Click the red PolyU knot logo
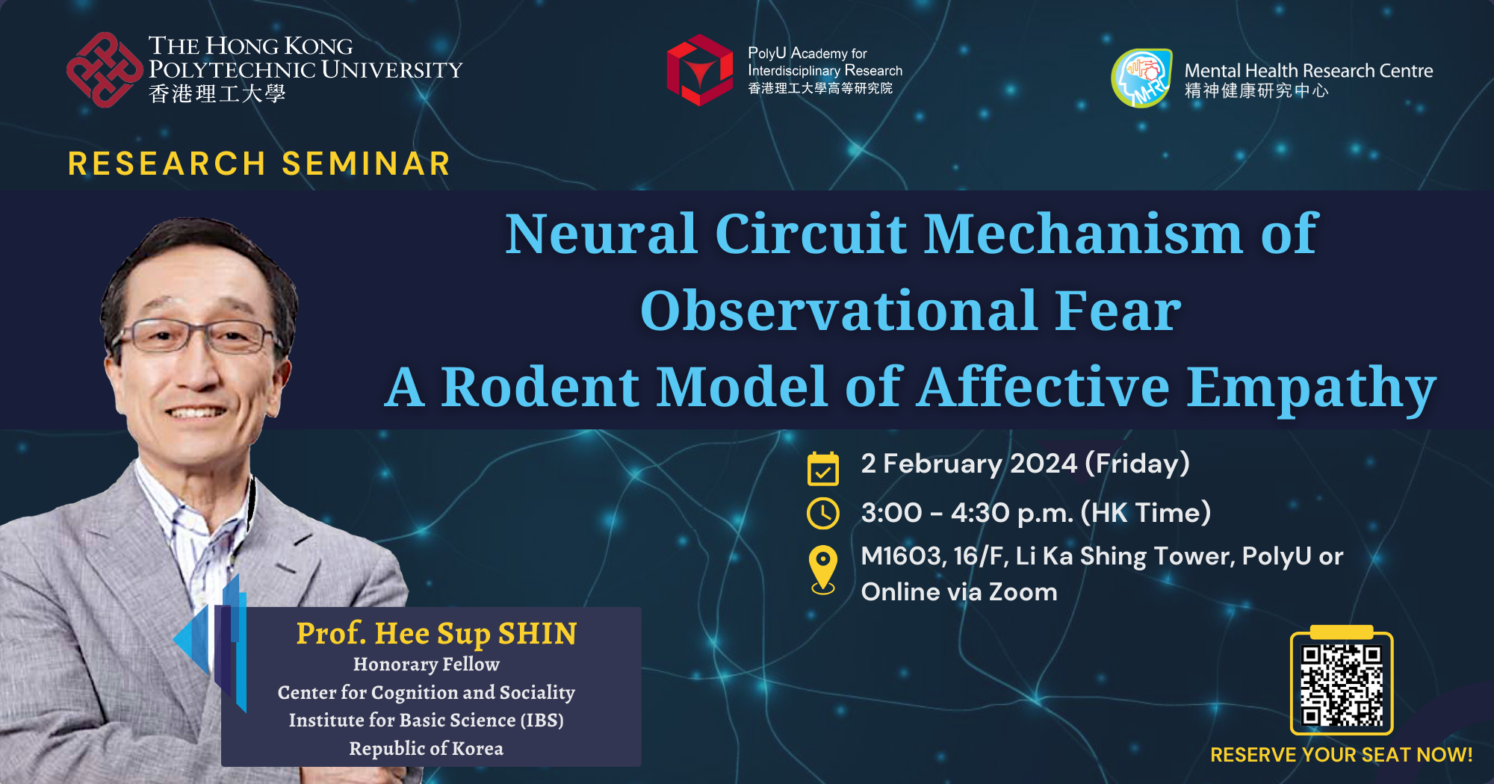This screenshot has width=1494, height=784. click(x=104, y=70)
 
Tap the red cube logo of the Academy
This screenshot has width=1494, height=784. click(x=700, y=70)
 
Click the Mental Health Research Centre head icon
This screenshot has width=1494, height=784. click(x=1141, y=78)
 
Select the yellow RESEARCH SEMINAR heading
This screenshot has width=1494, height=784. click(x=259, y=164)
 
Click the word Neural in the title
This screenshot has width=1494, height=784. click(x=601, y=234)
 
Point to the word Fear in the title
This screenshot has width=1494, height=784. click(x=1118, y=311)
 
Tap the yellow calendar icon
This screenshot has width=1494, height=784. click(x=823, y=469)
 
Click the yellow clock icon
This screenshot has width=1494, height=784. click(x=823, y=514)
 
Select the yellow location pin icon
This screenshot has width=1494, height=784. click(x=823, y=569)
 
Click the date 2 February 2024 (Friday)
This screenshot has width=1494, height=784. click(x=1025, y=464)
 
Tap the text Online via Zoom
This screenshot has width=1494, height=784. click(x=959, y=592)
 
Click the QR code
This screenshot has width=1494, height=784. click(x=1342, y=685)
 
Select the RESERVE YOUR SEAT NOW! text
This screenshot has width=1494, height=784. click(x=1342, y=755)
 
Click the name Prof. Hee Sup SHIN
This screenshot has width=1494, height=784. click(x=436, y=633)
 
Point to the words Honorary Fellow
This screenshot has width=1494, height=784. click(x=426, y=664)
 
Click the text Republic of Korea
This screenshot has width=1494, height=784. click(x=426, y=748)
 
